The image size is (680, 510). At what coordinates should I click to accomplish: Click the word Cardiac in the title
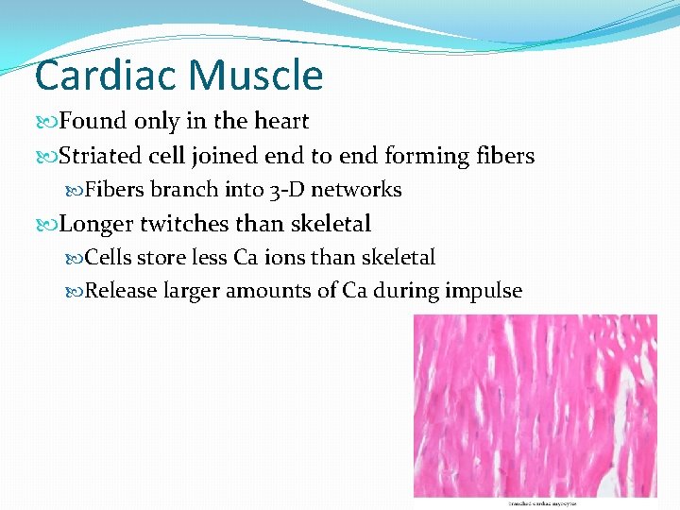click(x=101, y=76)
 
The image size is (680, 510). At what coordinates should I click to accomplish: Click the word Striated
click(x=99, y=156)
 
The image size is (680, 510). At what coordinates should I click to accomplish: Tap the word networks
click(x=356, y=190)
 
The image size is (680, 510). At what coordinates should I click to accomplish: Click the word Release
click(x=122, y=291)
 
